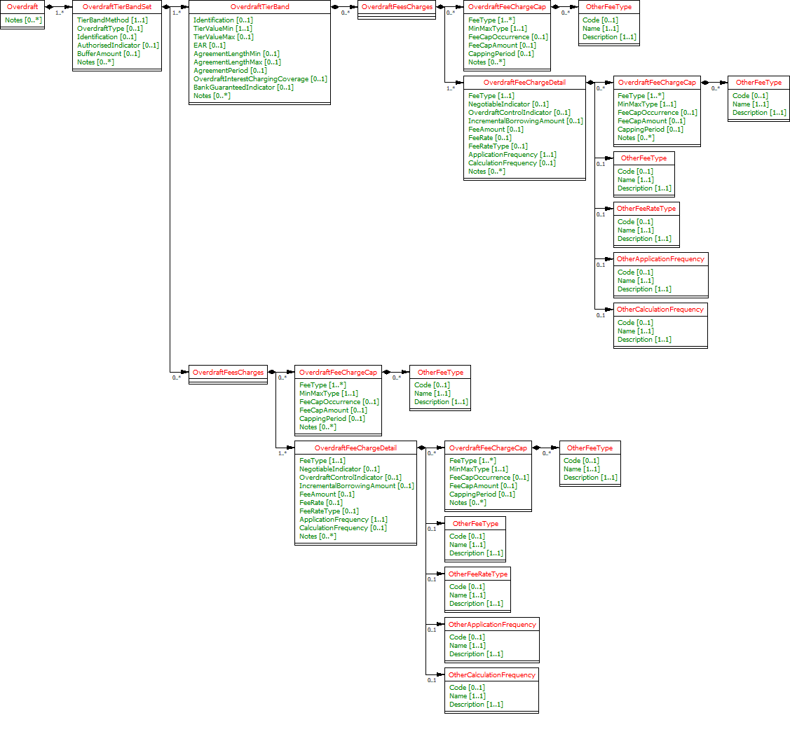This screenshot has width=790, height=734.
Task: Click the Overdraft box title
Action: point(22,6)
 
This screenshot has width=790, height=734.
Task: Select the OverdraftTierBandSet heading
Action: point(117,6)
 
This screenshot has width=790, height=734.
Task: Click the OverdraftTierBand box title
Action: point(259,6)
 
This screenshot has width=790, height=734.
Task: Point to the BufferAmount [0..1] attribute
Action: point(108,54)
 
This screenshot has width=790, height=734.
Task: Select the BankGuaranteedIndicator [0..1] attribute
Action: point(243,88)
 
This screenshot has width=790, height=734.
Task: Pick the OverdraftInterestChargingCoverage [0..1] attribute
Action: point(260,79)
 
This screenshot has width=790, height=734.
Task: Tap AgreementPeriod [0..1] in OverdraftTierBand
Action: point(230,71)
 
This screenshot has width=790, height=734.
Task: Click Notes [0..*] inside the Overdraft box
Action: point(23,20)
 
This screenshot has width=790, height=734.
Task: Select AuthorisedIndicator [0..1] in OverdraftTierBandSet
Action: point(118,46)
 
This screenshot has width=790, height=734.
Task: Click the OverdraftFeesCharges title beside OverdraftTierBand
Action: point(397,6)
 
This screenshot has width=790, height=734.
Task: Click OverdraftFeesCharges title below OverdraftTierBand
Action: point(229,373)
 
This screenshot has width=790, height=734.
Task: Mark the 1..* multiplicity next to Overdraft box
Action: point(60,13)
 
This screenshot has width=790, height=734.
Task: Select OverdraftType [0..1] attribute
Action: point(110,29)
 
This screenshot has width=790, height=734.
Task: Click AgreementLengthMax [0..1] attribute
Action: point(237,62)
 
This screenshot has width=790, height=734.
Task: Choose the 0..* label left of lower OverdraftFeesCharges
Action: point(177,378)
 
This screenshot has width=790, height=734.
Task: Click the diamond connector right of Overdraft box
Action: point(50,6)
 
